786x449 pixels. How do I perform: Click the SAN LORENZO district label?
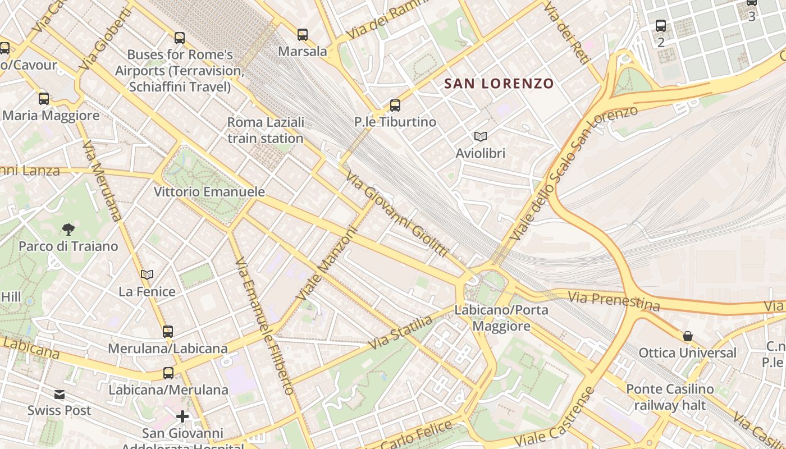click(x=499, y=84)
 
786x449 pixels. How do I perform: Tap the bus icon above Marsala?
click(x=303, y=35)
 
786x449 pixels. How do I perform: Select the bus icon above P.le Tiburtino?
click(x=395, y=105)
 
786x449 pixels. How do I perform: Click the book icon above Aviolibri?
click(x=480, y=136)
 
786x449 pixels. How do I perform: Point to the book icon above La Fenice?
click(x=147, y=274)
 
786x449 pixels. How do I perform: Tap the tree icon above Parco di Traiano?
click(x=68, y=229)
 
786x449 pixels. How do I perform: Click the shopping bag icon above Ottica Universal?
click(x=688, y=336)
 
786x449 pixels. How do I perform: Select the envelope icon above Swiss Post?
click(x=60, y=395)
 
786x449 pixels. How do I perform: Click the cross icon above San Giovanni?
click(x=182, y=416)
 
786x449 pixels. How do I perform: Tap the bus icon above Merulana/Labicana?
click(x=168, y=331)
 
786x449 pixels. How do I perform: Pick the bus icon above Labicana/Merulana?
click(x=168, y=373)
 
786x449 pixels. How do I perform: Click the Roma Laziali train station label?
click(x=266, y=130)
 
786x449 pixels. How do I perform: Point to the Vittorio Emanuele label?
click(x=209, y=192)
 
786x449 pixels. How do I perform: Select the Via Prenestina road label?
click(x=614, y=301)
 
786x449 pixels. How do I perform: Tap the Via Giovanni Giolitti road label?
click(x=396, y=214)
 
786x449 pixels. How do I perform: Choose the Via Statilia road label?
click(x=400, y=332)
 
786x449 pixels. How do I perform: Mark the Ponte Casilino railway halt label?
click(x=670, y=397)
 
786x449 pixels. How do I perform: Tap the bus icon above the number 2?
click(x=661, y=25)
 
